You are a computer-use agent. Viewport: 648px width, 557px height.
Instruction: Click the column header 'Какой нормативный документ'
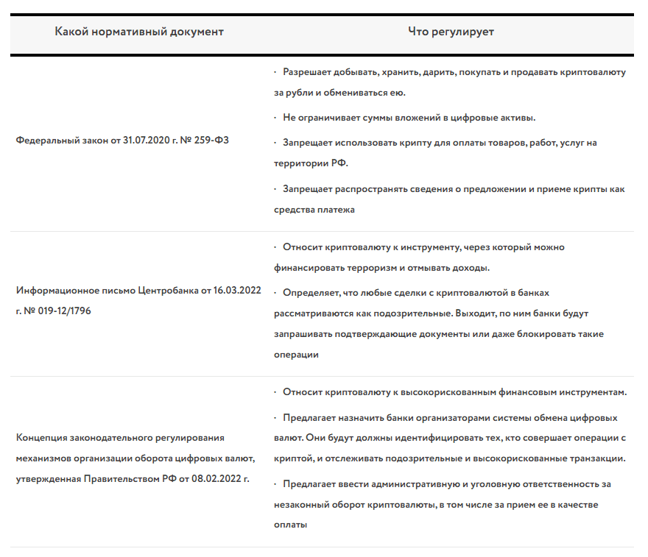click(139, 32)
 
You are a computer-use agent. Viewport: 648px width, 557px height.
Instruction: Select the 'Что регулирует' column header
click(451, 32)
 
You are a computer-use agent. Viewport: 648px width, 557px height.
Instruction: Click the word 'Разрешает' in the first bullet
click(308, 73)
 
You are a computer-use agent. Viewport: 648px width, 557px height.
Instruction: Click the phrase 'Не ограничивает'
click(321, 118)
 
